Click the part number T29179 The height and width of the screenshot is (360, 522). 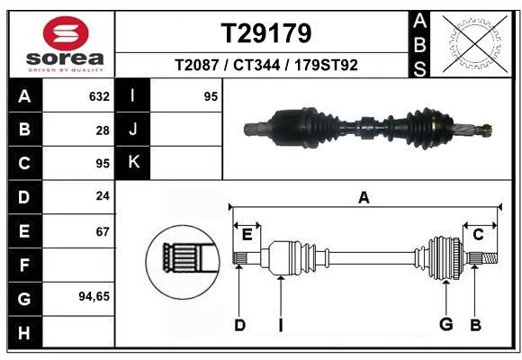pyautogui.click(x=266, y=33)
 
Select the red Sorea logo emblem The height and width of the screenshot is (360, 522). pyautogui.click(x=66, y=33)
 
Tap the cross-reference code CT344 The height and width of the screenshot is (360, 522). pyautogui.click(x=256, y=65)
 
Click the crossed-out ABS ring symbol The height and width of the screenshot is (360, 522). pyautogui.click(x=475, y=44)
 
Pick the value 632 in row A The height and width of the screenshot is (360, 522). pyautogui.click(x=99, y=96)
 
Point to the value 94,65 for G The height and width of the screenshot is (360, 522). pyautogui.click(x=94, y=296)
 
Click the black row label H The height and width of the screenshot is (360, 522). pyautogui.click(x=24, y=333)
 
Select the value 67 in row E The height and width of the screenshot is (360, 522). pyautogui.click(x=103, y=232)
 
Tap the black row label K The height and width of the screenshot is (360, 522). pyautogui.click(x=133, y=163)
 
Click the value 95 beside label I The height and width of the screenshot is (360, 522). pyautogui.click(x=211, y=96)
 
